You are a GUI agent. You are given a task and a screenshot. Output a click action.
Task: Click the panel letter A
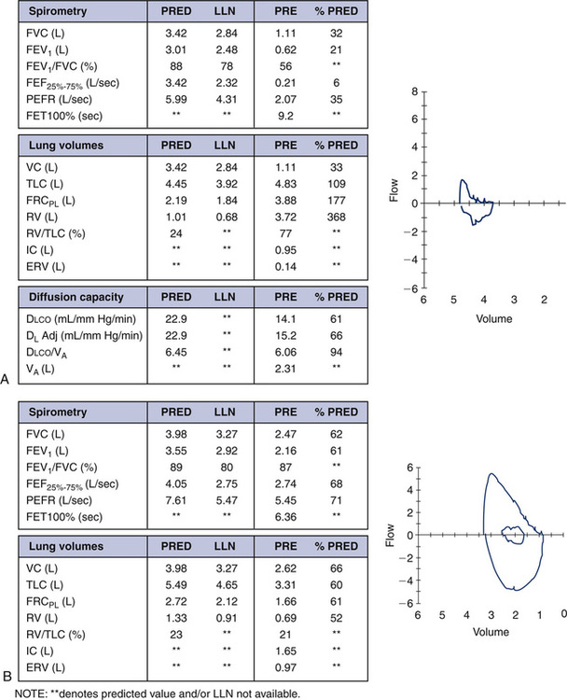(7, 380)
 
